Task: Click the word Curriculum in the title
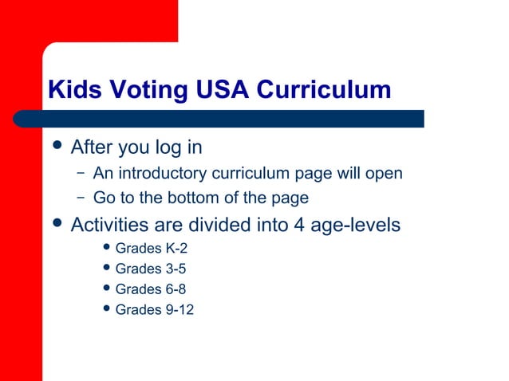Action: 323,90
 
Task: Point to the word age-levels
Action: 356,226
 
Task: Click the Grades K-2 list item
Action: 152,248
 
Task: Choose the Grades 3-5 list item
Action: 151,269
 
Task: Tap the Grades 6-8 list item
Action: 151,289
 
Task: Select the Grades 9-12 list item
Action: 155,309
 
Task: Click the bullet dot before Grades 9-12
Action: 107,308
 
